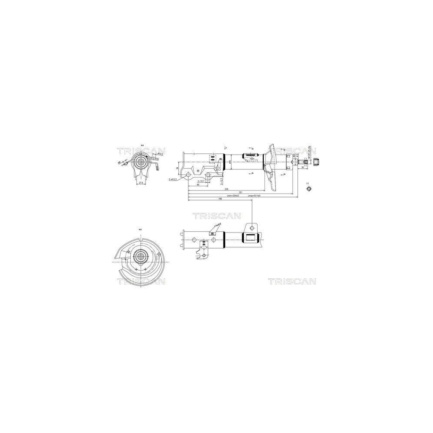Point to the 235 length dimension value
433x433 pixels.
coord(226,189)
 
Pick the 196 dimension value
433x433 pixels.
coord(220,199)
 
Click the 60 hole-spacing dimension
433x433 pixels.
coord(198,184)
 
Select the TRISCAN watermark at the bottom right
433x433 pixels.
coord(291,281)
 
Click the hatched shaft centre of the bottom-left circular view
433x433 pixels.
coord(141,256)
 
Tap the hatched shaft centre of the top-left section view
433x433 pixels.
coord(141,163)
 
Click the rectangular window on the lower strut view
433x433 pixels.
coord(251,237)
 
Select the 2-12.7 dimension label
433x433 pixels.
coord(201,181)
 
